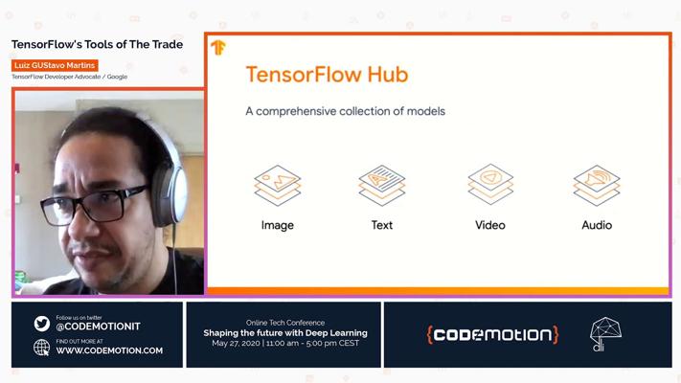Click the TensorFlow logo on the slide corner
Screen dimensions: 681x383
click(x=218, y=47)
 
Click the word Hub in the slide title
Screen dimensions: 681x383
click(x=388, y=75)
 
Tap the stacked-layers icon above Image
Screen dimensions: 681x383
click(x=278, y=186)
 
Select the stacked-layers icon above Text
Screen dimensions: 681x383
click(x=382, y=186)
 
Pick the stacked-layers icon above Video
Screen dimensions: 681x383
click(x=490, y=185)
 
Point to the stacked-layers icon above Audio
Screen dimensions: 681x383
click(x=597, y=186)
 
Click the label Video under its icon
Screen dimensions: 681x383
click(x=489, y=225)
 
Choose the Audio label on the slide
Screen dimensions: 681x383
click(x=597, y=225)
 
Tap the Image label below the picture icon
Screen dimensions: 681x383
click(x=278, y=225)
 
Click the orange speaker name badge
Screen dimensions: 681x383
click(x=55, y=65)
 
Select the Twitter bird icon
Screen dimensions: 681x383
click(x=42, y=324)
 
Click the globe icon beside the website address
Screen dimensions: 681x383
click(x=42, y=348)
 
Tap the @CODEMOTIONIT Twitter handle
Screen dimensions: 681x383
click(x=98, y=327)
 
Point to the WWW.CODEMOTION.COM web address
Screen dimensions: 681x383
click(x=109, y=350)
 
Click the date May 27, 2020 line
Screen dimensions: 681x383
click(x=285, y=343)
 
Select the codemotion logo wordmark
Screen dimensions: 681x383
click(x=492, y=335)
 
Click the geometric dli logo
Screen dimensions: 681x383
click(x=605, y=334)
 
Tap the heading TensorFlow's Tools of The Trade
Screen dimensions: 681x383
click(x=98, y=44)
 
